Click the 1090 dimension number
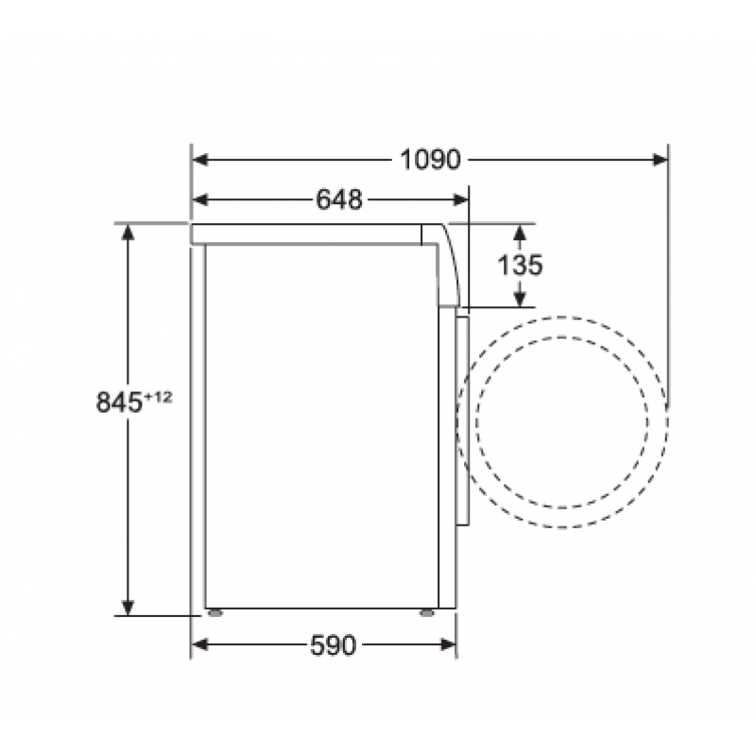[x=431, y=160]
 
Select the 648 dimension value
[x=339, y=199]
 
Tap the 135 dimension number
[x=520, y=266]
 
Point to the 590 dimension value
[x=334, y=645]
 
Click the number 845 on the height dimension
[x=119, y=402]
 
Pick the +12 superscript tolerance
[x=158, y=397]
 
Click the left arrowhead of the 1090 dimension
[x=200, y=160]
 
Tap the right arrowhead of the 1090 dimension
[x=660, y=160]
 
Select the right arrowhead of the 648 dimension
[x=460, y=199]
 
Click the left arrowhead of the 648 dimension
[x=200, y=199]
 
